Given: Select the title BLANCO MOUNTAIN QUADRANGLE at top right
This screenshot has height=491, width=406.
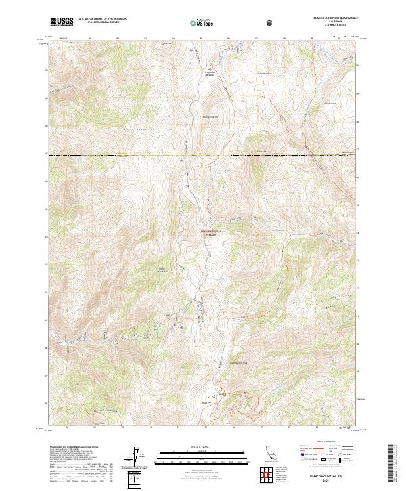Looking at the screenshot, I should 328,18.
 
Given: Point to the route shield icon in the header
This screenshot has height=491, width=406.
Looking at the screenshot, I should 269,22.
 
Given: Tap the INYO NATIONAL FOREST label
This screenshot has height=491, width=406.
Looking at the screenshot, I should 210,232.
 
